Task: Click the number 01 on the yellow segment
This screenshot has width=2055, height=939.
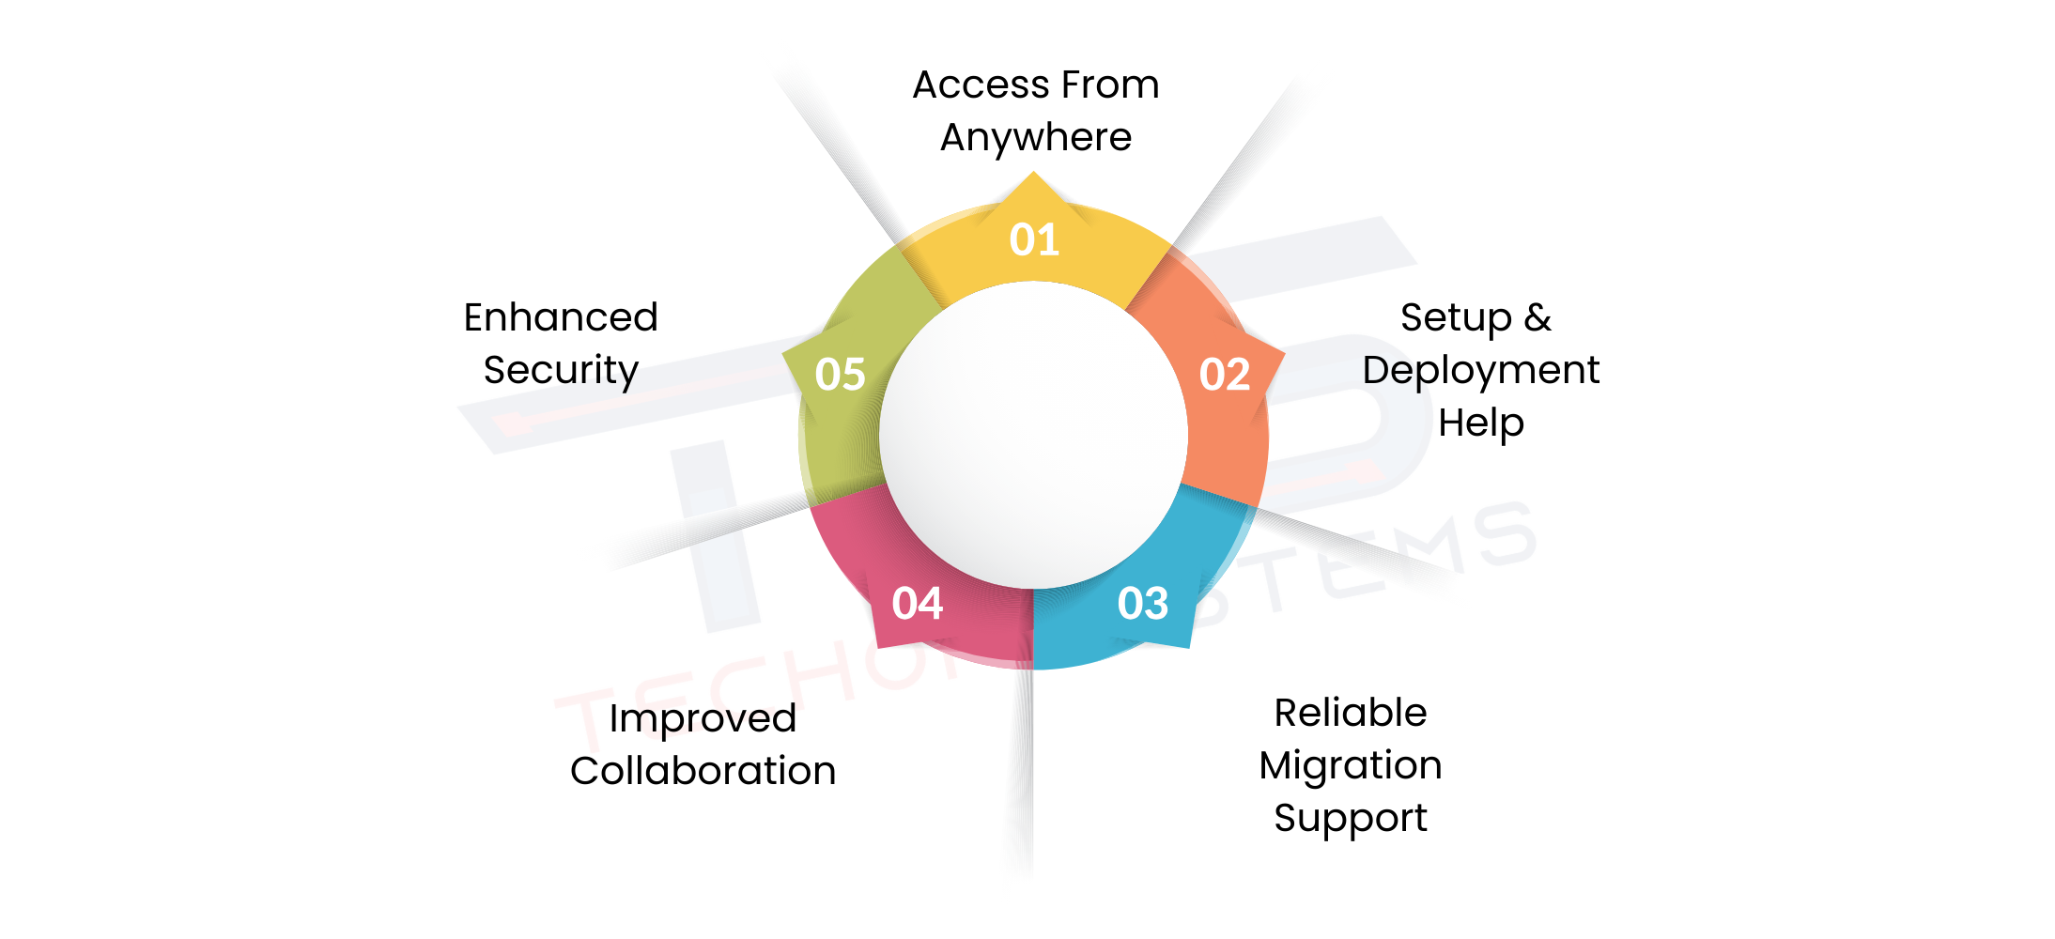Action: point(1034,240)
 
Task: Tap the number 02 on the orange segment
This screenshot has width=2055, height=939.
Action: point(1224,375)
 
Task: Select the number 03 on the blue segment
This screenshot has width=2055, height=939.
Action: point(1142,603)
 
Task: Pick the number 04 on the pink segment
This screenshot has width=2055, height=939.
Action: point(917,603)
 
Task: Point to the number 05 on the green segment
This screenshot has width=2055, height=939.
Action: point(840,374)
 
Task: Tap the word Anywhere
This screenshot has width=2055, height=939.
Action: point(1036,138)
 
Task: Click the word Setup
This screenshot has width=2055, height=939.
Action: point(1455,318)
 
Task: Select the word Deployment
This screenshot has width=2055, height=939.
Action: point(1480,371)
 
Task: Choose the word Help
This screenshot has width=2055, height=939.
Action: point(1480,423)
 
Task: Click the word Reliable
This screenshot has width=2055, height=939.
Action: point(1350,713)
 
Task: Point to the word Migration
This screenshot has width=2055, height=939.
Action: point(1350,766)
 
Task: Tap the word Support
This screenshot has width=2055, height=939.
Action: point(1350,819)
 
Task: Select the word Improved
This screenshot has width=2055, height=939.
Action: point(703,719)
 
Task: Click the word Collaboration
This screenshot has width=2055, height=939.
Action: point(703,771)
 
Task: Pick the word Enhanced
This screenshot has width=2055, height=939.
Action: point(561,317)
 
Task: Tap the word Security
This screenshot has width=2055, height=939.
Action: point(561,371)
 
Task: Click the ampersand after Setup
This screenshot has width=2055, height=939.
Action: point(1537,317)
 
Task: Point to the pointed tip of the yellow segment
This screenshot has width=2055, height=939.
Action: point(1033,175)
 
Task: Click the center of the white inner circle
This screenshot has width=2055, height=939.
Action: point(1033,435)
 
